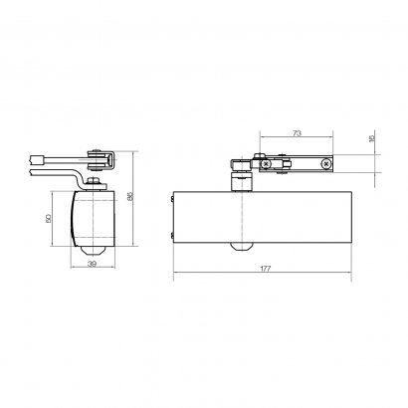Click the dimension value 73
point(297,133)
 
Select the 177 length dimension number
point(265,269)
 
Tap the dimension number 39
point(93,264)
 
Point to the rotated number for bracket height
point(371,137)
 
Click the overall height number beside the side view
point(130,196)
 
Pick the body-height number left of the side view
point(48,218)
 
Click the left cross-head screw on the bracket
point(265,163)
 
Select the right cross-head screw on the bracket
point(325,163)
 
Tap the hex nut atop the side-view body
point(93,181)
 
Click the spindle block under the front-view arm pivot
point(242,183)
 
